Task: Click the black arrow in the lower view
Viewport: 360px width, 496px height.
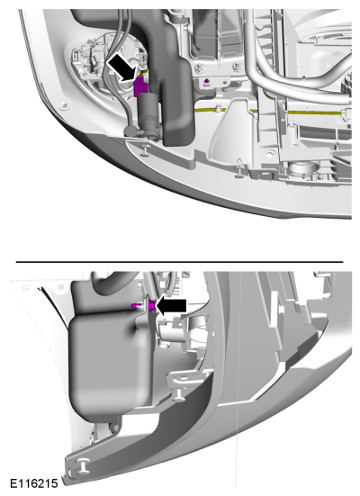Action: [x=171, y=305]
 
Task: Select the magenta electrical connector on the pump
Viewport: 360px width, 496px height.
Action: [x=140, y=86]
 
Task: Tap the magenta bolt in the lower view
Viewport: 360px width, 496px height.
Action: [x=143, y=305]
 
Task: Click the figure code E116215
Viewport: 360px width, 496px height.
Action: [x=34, y=483]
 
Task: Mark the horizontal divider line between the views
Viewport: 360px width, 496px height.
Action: [x=180, y=262]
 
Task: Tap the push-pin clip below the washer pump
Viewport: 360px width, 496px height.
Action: [x=146, y=149]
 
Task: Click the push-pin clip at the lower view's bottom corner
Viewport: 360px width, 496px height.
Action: [x=83, y=465]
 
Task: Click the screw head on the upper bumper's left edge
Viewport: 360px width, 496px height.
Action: [x=65, y=104]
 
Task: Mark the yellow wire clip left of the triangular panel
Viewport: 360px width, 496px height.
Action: [x=219, y=110]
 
